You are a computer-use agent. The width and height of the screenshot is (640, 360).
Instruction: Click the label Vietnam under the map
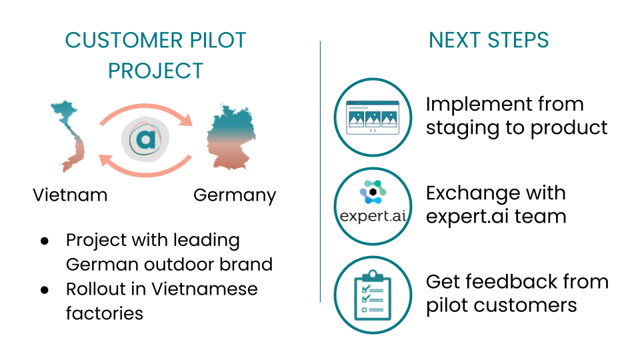click(70, 195)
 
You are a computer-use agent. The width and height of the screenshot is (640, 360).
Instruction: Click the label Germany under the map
click(234, 195)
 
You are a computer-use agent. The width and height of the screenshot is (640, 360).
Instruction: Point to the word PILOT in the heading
click(213, 40)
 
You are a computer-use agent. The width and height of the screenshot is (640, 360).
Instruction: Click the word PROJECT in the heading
click(155, 71)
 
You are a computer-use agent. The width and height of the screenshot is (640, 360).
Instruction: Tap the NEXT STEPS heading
click(489, 40)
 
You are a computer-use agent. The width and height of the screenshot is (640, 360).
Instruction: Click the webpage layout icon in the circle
click(372, 117)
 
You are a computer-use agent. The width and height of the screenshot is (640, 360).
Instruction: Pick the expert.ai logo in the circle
click(372, 206)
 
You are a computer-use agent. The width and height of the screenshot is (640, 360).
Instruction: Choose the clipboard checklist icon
click(372, 295)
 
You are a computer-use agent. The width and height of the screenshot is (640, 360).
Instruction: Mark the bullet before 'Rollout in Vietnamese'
click(45, 289)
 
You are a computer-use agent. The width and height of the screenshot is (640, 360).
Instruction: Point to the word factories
click(104, 313)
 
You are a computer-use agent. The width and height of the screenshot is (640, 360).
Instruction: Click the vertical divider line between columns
click(320, 173)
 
